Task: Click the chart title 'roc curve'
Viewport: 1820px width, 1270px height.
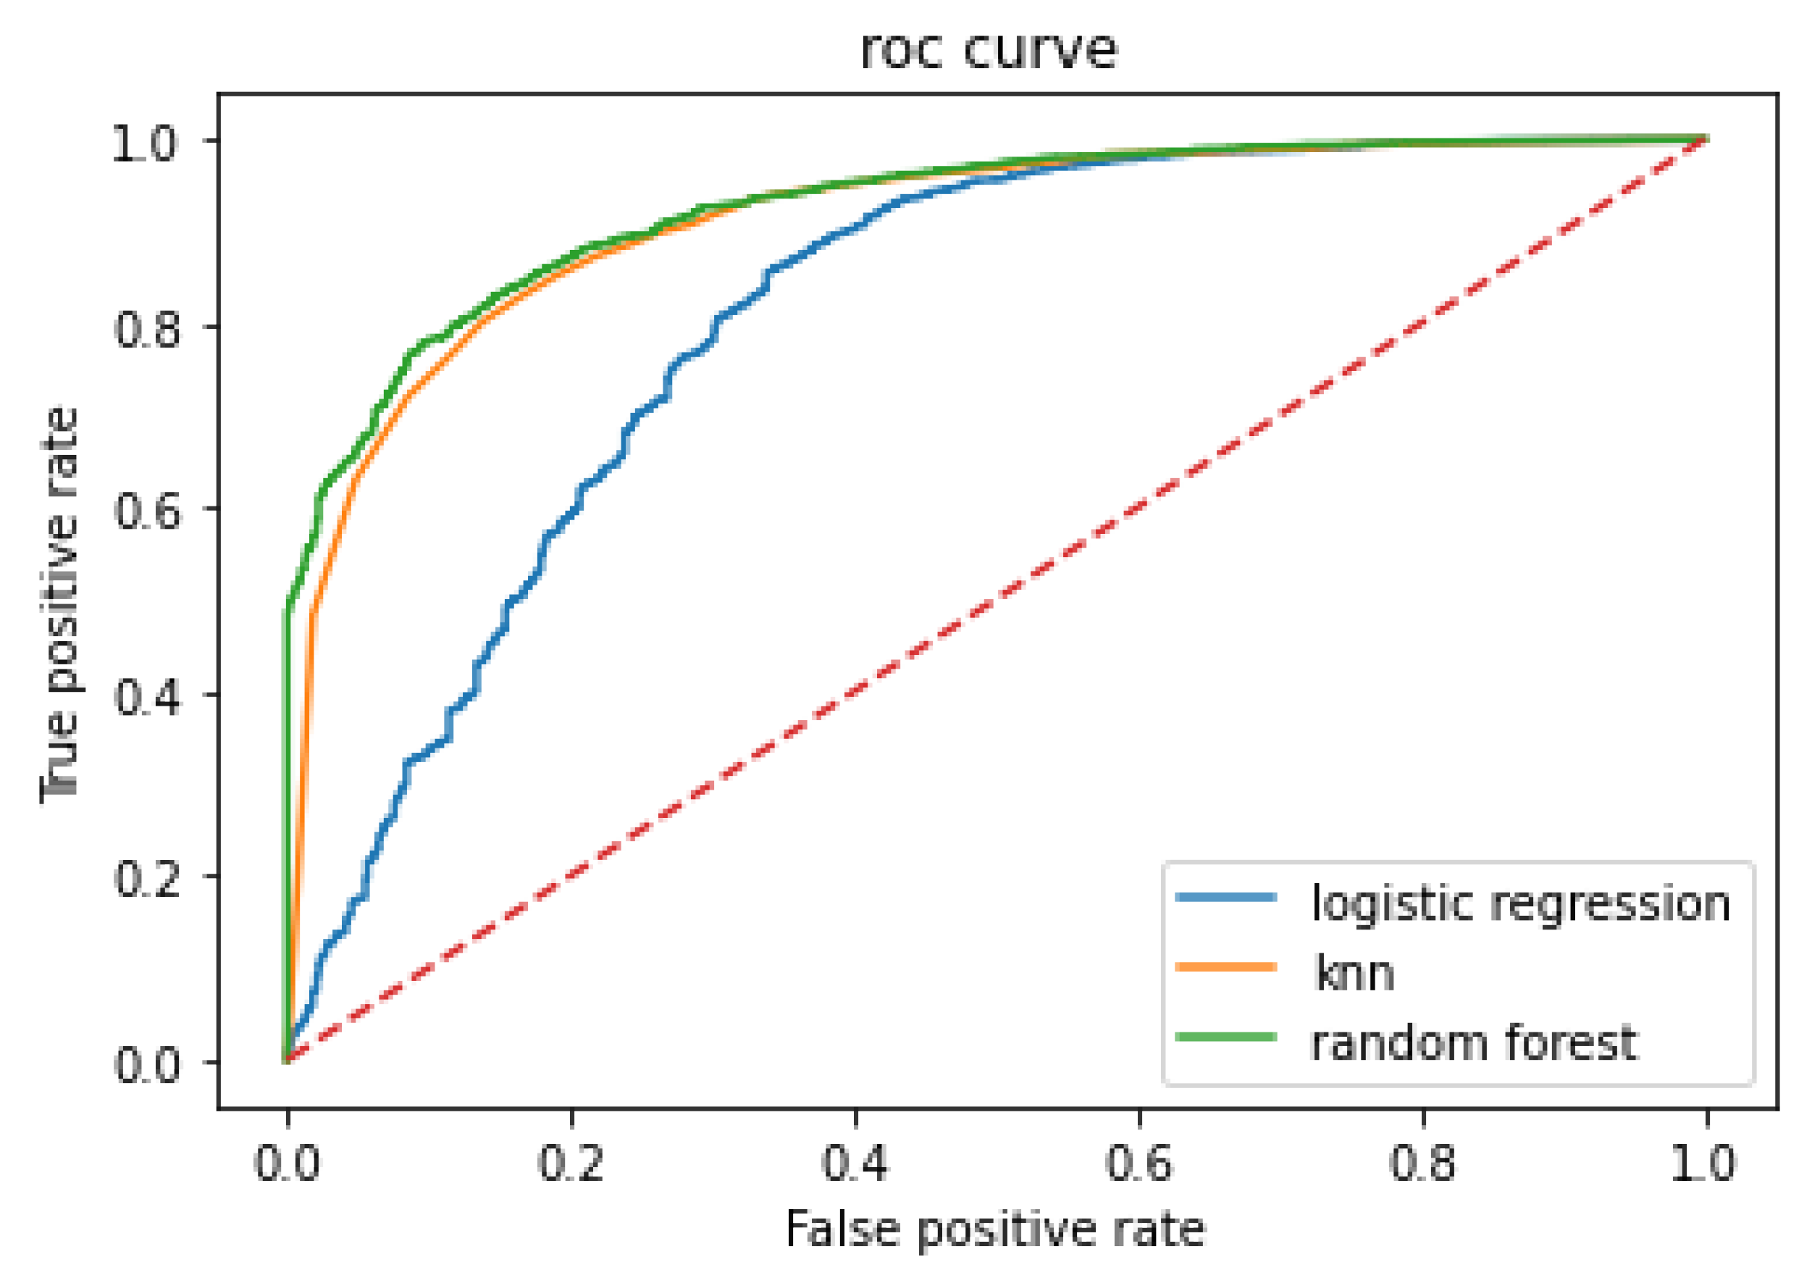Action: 989,51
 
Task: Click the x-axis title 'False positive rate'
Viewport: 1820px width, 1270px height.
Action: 995,1230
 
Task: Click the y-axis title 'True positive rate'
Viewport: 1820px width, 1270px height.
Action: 60,604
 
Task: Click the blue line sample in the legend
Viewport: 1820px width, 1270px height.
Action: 1226,898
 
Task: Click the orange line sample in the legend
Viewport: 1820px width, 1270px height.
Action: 1226,967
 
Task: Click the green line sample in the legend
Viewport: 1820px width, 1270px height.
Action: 1226,1037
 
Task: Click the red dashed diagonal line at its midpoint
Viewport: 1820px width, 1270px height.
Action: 997,601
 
